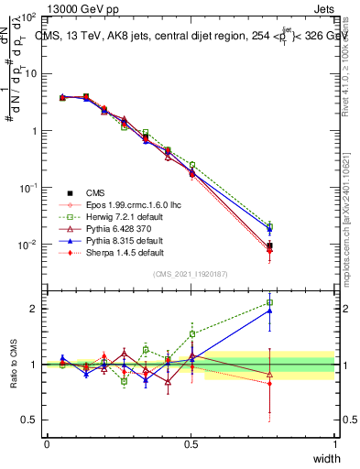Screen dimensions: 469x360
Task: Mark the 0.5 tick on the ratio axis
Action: (x=27, y=420)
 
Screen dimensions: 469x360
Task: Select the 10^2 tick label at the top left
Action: (x=26, y=17)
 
